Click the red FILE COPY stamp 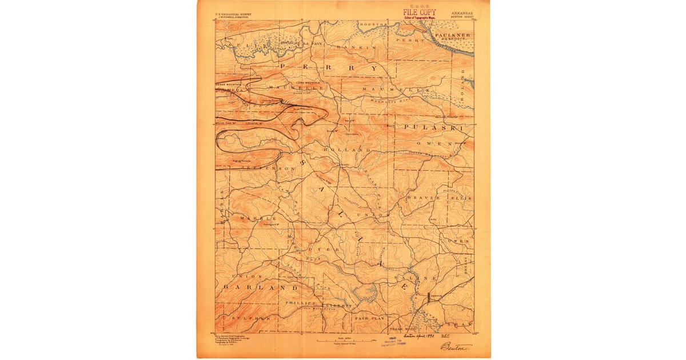click(x=419, y=12)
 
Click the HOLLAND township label click(x=343, y=149)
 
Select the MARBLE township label click(x=258, y=218)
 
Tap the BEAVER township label click(x=424, y=198)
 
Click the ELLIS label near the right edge click(x=464, y=198)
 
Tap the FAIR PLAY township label click(x=370, y=317)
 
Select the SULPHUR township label click(x=246, y=317)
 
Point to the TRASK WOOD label click(x=405, y=330)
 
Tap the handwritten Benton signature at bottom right click(x=454, y=347)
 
